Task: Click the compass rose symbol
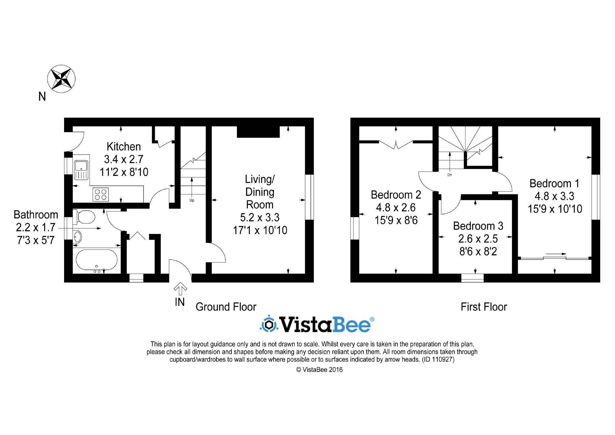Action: pos(61,79)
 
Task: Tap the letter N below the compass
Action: pos(42,97)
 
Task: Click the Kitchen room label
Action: pos(124,147)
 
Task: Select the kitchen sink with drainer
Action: pos(81,170)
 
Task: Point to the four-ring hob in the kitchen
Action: pos(101,194)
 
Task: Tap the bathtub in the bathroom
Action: pos(97,260)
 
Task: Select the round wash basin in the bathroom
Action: pos(78,237)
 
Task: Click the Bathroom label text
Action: pos(36,215)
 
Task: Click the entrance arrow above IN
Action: pos(180,289)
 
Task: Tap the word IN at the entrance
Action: pos(180,302)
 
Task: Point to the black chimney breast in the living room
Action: pos(258,132)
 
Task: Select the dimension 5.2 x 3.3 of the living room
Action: pos(260,217)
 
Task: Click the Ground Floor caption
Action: pos(226,307)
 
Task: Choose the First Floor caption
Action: pos(484,307)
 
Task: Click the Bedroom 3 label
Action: pos(478,226)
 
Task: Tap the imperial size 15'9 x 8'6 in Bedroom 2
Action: pos(396,220)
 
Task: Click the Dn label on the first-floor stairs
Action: pos(449,175)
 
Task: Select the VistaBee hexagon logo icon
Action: pos(268,325)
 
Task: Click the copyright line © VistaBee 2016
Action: pos(319,370)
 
